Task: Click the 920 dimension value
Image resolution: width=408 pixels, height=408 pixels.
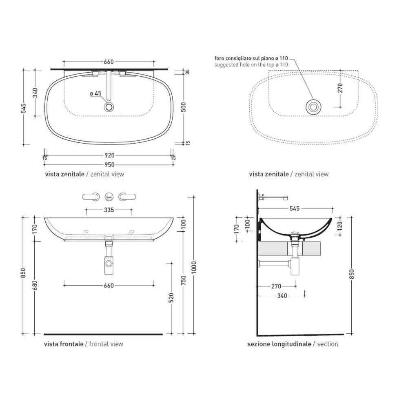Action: coord(109,155)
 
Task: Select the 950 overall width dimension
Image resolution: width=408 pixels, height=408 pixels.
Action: coord(109,165)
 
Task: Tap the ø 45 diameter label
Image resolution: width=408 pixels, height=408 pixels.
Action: coord(95,93)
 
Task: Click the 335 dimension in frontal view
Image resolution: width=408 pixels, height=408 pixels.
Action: coord(109,210)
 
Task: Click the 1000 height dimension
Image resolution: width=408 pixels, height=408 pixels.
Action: coord(194,267)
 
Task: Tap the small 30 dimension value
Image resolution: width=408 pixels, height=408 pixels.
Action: coord(188,72)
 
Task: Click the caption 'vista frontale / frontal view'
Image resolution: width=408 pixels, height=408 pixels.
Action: coord(84,344)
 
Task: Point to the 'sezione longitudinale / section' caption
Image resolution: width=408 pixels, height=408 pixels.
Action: coord(293,344)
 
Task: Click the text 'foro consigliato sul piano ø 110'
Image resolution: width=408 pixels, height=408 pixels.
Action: coord(251,59)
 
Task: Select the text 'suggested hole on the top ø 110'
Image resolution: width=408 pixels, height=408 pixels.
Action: coord(251,64)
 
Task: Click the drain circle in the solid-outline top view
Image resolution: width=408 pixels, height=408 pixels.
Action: coord(109,107)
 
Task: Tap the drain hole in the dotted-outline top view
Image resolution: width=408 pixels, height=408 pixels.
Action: coord(313,107)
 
